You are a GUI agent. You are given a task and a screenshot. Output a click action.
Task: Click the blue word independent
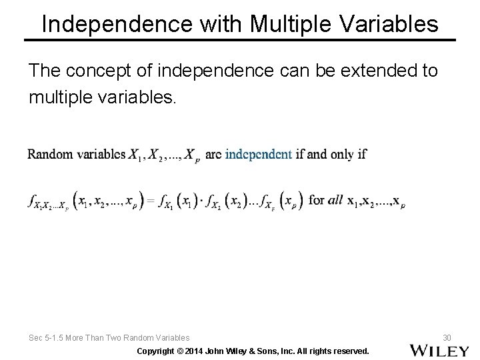259,155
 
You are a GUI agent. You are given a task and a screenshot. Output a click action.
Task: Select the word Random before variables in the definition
50,155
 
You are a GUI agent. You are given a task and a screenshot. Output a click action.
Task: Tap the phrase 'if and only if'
331,155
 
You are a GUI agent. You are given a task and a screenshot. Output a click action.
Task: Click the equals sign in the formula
150,200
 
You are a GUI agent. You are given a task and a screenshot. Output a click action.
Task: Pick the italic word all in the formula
335,200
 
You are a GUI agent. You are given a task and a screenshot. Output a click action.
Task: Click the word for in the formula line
317,200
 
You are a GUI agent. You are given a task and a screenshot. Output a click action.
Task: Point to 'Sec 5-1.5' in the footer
47,338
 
